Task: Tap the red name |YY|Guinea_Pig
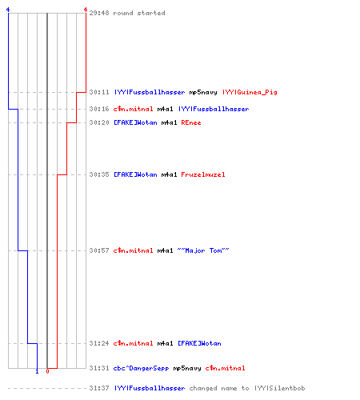pos(250,92)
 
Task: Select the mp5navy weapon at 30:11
pos(203,93)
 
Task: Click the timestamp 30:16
pos(99,109)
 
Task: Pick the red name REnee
pos(191,122)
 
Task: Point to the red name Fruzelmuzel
pos(203,174)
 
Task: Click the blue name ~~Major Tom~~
pos(203,250)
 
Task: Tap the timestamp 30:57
pos(99,250)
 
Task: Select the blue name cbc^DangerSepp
pos(141,368)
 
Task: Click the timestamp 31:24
pos(99,343)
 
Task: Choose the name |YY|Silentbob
pos(279,388)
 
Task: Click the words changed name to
pos(219,388)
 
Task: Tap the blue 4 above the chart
pos(8,10)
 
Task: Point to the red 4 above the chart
pos(86,10)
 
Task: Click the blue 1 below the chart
pos(37,371)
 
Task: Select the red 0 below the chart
pos(47,371)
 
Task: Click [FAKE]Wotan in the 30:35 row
pos(135,174)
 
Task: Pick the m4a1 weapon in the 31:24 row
pos(165,343)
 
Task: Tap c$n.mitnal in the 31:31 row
pos(225,368)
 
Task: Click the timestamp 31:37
pos(99,388)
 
